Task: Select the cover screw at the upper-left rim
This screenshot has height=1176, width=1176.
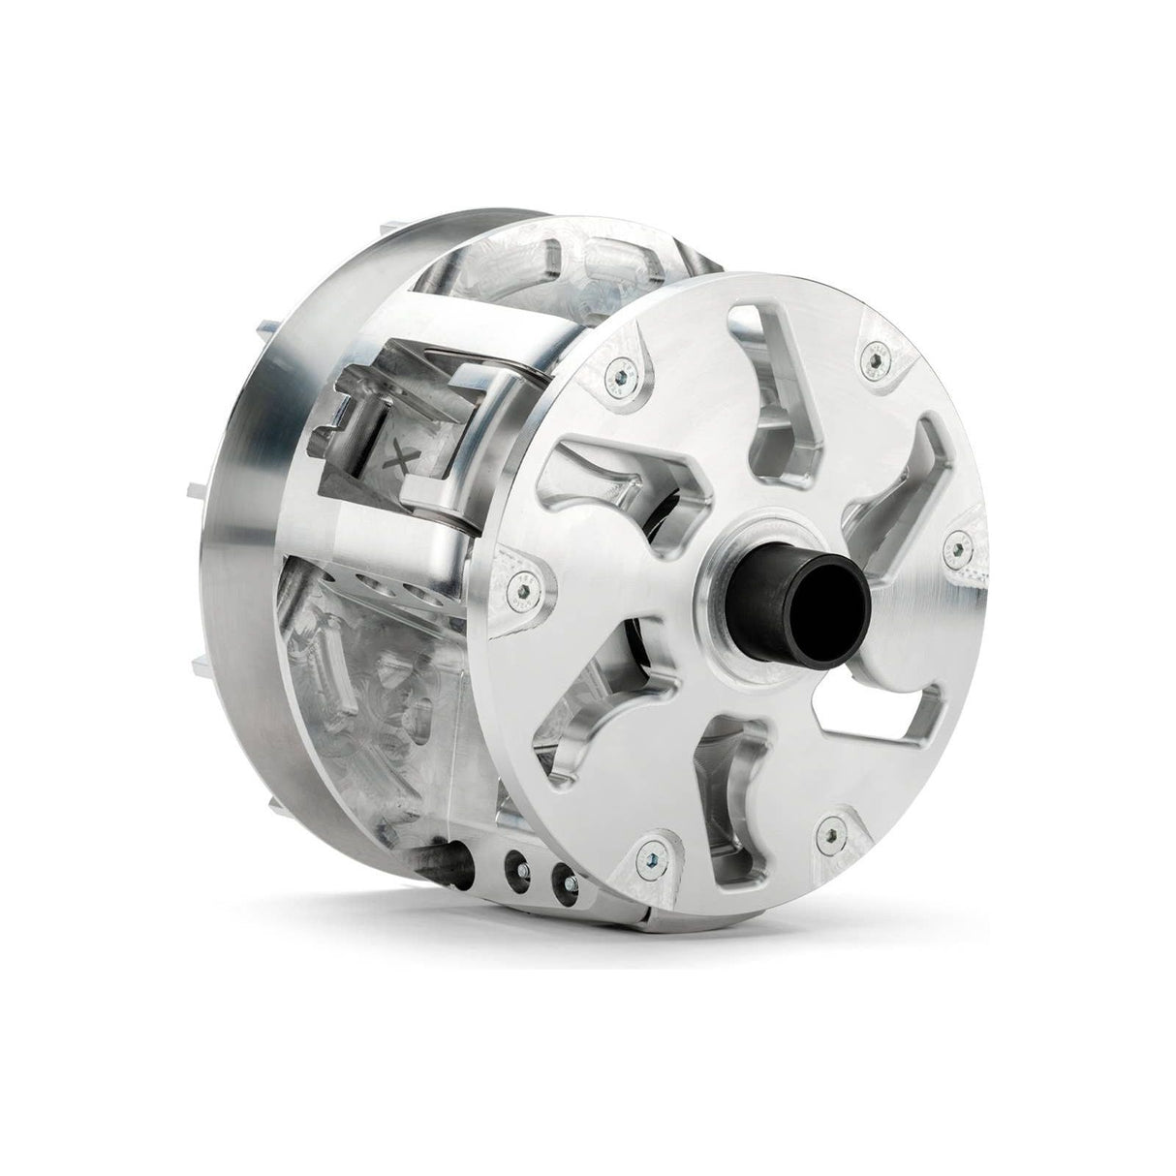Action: click(x=614, y=367)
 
